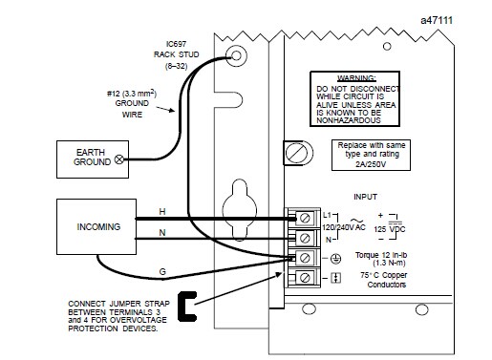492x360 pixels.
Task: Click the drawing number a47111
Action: click(x=437, y=20)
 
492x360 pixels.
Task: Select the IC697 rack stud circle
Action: click(x=236, y=55)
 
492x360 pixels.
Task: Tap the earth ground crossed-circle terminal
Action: click(x=119, y=159)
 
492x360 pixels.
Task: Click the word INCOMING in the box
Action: click(x=98, y=226)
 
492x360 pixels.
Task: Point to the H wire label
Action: click(x=162, y=212)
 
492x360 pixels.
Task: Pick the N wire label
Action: click(x=162, y=233)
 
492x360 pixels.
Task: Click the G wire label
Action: click(x=162, y=271)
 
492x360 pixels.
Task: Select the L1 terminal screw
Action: click(x=305, y=219)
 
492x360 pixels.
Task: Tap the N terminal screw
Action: click(x=305, y=238)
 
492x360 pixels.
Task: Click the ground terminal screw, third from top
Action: click(x=305, y=258)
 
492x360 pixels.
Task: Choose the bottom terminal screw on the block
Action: click(x=305, y=278)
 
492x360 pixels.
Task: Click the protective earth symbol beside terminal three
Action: click(x=335, y=259)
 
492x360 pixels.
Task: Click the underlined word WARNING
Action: click(x=356, y=78)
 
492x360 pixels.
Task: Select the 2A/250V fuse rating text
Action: click(x=371, y=164)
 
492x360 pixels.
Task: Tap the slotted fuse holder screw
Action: click(x=297, y=153)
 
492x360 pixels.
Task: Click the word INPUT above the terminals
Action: click(x=365, y=197)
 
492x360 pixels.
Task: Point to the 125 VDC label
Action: click(x=390, y=229)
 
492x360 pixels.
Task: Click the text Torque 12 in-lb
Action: click(x=381, y=255)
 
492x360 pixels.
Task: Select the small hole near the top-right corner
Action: click(x=387, y=47)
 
